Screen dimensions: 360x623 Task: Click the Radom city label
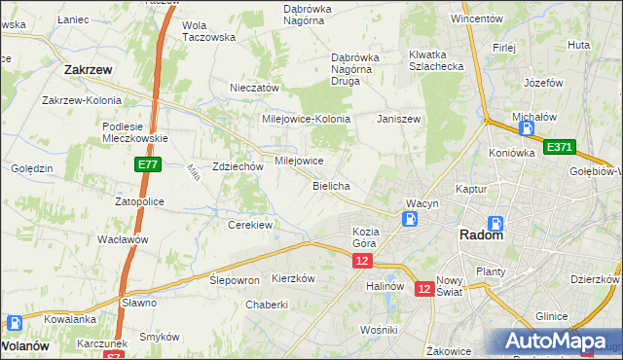click(481, 235)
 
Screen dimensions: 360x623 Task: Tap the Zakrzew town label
click(86, 70)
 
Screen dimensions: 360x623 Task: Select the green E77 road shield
click(148, 166)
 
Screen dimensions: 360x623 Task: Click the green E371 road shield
click(560, 147)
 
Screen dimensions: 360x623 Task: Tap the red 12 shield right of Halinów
click(424, 289)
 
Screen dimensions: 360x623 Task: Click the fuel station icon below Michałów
click(527, 127)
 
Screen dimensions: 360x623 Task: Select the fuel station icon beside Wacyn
click(412, 218)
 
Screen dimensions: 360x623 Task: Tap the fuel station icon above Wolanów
click(16, 323)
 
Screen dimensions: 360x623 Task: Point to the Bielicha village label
click(331, 185)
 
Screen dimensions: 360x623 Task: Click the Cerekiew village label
click(250, 225)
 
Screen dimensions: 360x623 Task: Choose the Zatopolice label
click(139, 201)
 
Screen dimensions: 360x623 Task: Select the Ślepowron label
click(235, 279)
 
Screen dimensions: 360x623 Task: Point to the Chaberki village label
click(267, 305)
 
